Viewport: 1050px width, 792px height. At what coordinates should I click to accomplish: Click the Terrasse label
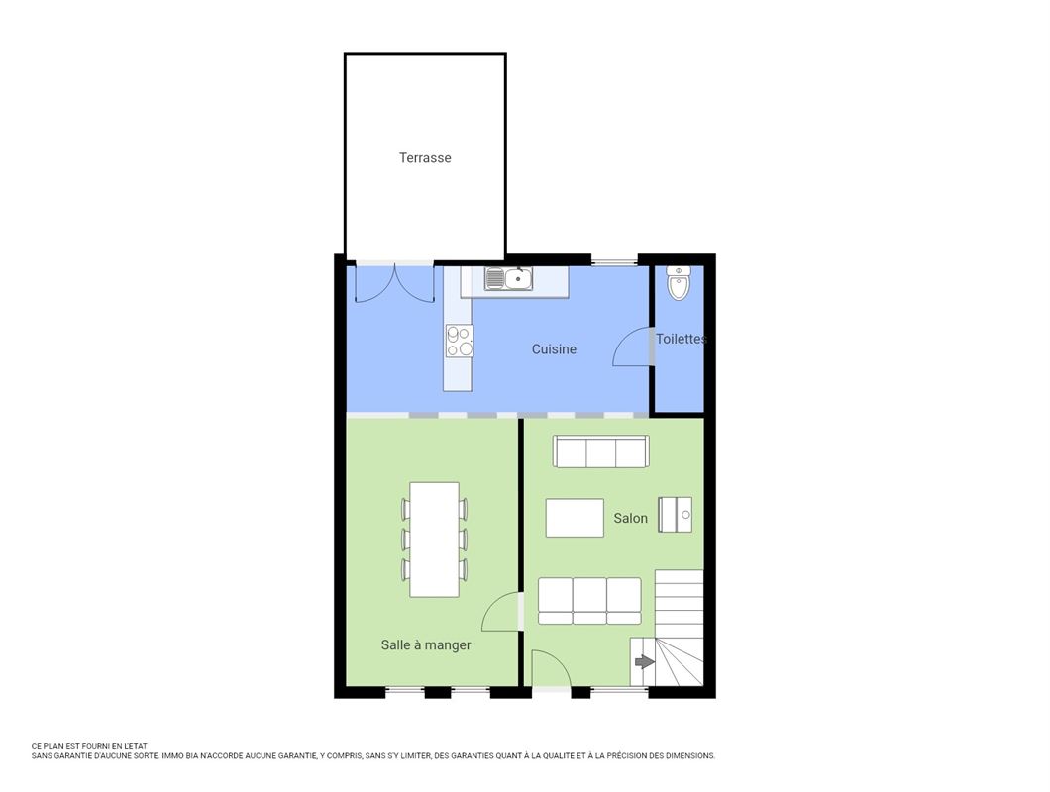(x=425, y=158)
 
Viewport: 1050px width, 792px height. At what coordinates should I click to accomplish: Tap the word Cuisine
(x=554, y=348)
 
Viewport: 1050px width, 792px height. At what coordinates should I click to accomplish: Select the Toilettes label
(x=682, y=339)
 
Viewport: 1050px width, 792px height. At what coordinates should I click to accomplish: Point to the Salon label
(x=630, y=518)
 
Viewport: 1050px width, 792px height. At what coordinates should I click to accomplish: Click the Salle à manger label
(x=426, y=644)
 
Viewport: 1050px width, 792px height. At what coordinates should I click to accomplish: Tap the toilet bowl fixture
(x=679, y=282)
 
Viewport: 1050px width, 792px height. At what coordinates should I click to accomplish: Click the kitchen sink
(x=509, y=278)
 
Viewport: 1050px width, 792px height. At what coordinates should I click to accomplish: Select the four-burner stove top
(x=460, y=341)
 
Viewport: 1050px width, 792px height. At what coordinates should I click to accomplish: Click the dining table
(x=434, y=539)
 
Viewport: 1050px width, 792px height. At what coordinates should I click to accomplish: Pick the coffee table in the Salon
(x=575, y=518)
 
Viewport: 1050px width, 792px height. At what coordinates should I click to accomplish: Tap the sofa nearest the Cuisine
(x=600, y=451)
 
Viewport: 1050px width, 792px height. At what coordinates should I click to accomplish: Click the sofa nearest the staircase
(x=589, y=601)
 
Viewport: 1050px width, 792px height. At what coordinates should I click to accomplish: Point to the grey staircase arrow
(x=644, y=662)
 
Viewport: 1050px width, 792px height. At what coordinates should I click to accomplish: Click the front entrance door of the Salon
(x=551, y=669)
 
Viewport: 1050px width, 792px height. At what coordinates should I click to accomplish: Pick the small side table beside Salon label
(x=675, y=515)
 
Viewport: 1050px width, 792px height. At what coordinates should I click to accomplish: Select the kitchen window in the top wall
(x=614, y=260)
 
